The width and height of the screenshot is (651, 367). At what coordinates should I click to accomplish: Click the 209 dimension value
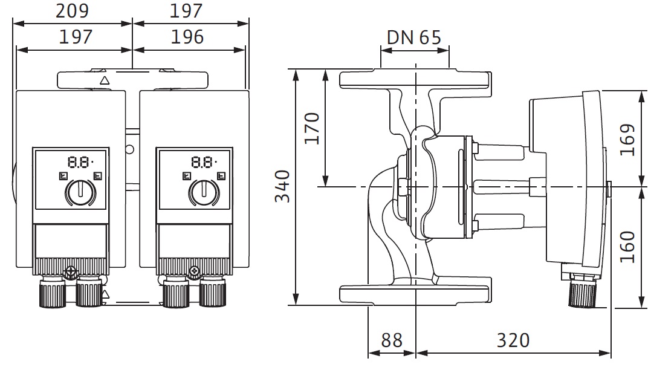click(73, 10)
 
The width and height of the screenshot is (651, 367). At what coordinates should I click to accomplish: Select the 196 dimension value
click(187, 37)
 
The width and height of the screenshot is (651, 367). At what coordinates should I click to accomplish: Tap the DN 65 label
click(413, 37)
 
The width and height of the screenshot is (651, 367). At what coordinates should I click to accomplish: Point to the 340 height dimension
click(282, 186)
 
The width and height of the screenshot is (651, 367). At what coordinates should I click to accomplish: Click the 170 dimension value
click(312, 128)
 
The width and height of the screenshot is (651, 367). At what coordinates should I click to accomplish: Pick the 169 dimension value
click(627, 140)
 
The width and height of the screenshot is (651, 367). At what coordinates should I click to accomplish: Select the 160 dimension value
click(627, 247)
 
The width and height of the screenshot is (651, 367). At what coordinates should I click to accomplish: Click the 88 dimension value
click(392, 340)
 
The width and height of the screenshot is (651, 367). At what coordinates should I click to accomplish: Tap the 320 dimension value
click(513, 340)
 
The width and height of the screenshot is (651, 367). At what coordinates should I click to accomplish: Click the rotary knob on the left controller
click(80, 193)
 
